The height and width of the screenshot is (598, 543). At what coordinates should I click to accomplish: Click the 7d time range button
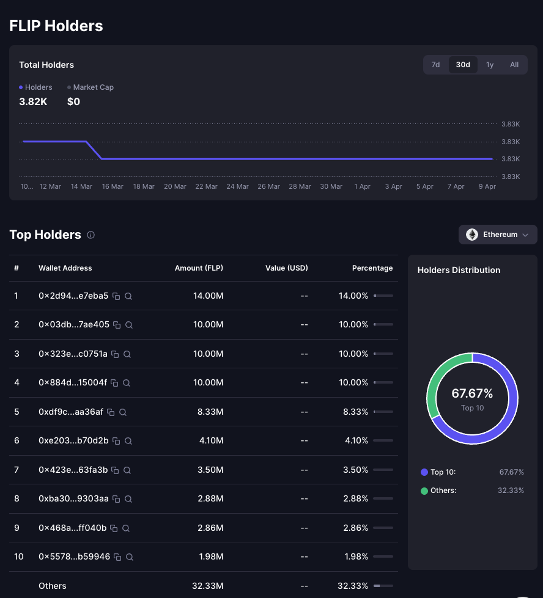[435, 65]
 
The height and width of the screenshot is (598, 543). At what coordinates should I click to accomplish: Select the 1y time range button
[490, 65]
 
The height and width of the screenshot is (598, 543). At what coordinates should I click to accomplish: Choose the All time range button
[514, 65]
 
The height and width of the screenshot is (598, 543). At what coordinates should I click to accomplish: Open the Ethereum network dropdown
[498, 235]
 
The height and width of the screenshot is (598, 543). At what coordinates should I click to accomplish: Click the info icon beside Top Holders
[90, 235]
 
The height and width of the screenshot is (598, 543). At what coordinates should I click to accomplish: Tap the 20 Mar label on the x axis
[175, 186]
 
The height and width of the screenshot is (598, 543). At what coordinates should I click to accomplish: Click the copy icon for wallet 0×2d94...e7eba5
[116, 296]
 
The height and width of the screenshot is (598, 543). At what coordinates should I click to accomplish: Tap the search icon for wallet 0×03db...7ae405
[129, 325]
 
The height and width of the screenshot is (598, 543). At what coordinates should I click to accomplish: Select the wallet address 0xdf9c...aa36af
[71, 412]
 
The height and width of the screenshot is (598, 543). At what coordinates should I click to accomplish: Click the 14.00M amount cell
[208, 296]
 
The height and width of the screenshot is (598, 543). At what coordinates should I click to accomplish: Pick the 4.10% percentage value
[356, 440]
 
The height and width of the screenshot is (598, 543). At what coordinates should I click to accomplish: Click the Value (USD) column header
[286, 268]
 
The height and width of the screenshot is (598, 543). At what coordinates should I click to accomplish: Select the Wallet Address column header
[65, 268]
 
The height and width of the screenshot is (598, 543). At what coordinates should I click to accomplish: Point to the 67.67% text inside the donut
[472, 393]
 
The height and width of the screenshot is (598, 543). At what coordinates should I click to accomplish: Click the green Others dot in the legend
[424, 490]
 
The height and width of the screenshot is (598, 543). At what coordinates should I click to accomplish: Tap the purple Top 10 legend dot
[424, 472]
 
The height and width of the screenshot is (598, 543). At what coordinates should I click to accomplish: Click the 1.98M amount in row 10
[210, 556]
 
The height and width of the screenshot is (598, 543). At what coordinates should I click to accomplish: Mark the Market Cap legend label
[93, 87]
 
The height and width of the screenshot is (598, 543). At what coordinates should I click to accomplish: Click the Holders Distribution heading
[459, 270]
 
